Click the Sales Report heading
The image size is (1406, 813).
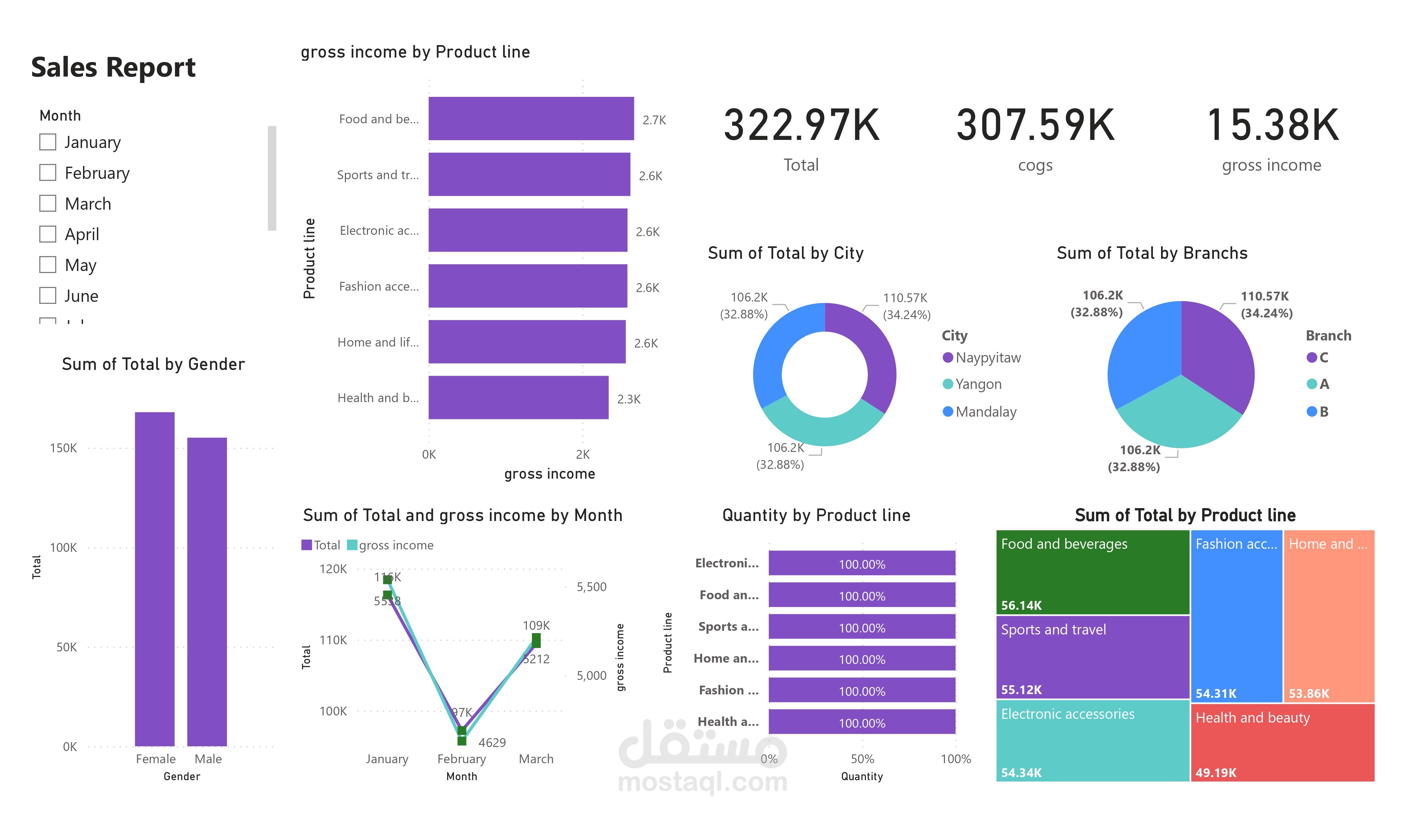coord(113,67)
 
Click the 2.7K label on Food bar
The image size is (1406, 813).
coord(654,120)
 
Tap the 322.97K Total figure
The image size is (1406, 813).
coord(801,125)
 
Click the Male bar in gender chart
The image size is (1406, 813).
coord(207,591)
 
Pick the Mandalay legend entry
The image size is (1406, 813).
coord(985,412)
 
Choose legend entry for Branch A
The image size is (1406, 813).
coord(1318,384)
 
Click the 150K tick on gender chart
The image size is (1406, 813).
coord(64,448)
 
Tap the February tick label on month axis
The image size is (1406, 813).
coord(461,759)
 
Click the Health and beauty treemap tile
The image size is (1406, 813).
coord(1282,742)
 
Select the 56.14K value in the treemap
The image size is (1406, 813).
coord(1021,605)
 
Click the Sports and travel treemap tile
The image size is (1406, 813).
coord(1092,657)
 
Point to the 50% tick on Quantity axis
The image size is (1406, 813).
coord(862,759)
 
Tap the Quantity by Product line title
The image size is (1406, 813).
coord(816,515)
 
